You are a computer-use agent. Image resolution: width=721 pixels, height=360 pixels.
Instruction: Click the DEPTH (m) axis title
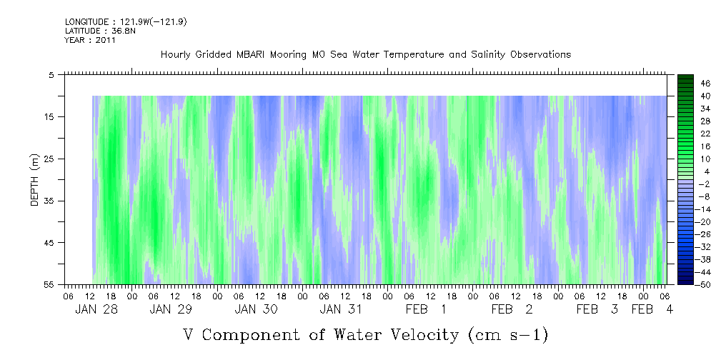[36, 179]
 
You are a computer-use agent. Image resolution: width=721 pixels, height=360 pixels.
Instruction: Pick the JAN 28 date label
[96, 309]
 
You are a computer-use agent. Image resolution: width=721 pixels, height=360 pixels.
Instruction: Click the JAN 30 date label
[256, 309]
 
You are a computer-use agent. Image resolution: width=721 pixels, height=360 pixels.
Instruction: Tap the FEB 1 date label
[427, 309]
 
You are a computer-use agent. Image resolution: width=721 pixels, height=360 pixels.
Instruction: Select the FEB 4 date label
[652, 309]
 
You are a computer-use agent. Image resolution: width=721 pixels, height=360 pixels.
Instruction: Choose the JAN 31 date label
[341, 309]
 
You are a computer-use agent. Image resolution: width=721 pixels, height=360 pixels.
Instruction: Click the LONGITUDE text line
[126, 22]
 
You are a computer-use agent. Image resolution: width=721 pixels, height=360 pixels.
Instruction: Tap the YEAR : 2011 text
[90, 40]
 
